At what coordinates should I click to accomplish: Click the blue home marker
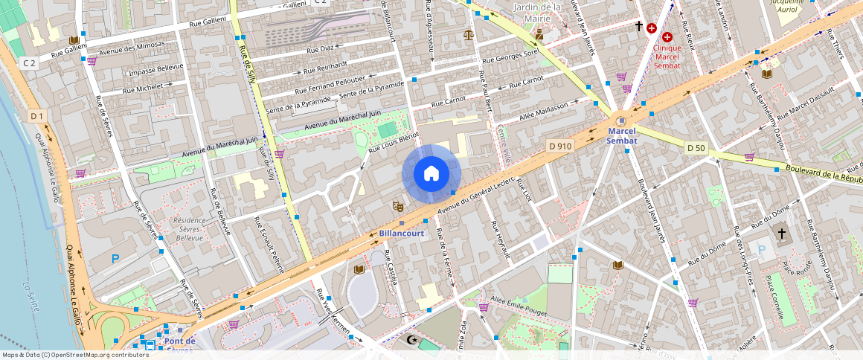pyautogui.click(x=431, y=174)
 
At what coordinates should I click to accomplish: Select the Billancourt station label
pyautogui.click(x=402, y=233)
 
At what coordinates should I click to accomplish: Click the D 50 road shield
pyautogui.click(x=696, y=148)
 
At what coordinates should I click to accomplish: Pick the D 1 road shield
pyautogui.click(x=38, y=115)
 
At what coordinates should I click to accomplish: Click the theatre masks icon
pyautogui.click(x=397, y=205)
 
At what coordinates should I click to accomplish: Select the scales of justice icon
pyautogui.click(x=468, y=33)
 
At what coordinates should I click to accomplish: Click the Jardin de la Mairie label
pyautogui.click(x=537, y=12)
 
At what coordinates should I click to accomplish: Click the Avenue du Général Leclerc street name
pyautogui.click(x=476, y=197)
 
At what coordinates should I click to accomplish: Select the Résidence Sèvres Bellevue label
pyautogui.click(x=188, y=228)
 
